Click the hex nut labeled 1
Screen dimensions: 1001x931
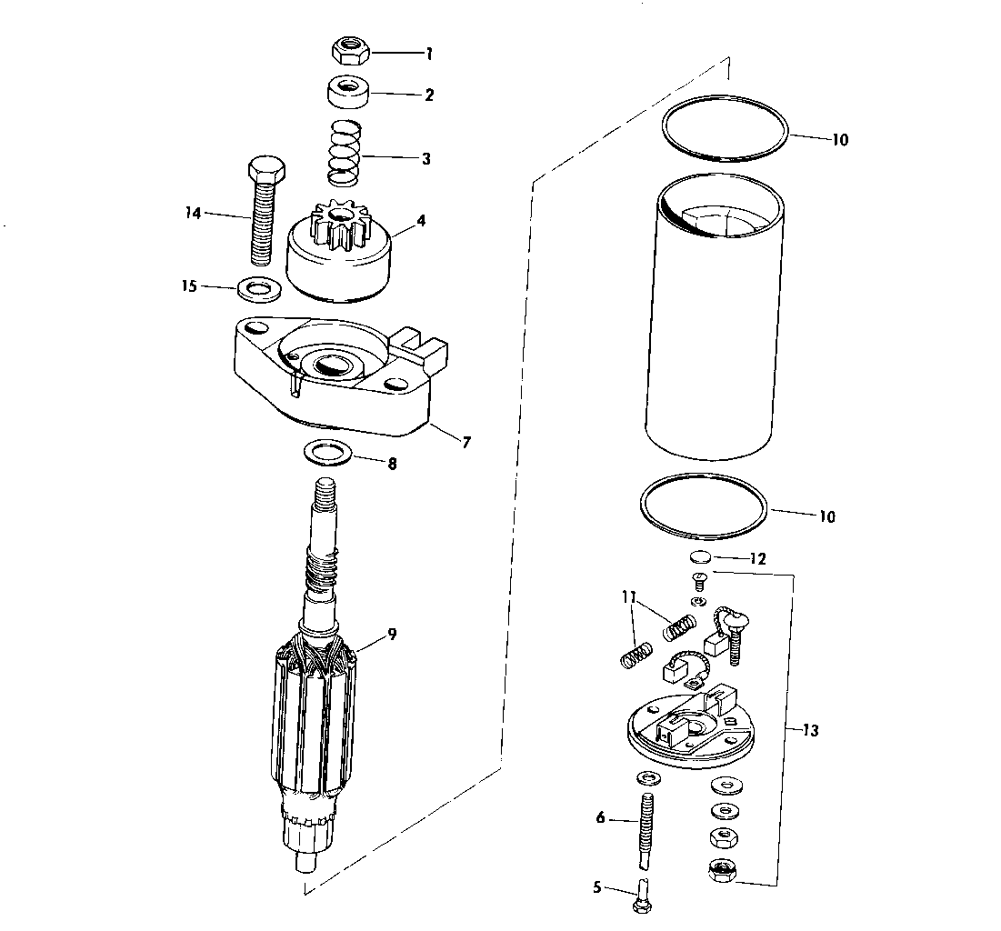click(x=350, y=50)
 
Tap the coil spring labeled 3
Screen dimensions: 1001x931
click(x=345, y=153)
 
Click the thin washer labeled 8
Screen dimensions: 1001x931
click(x=328, y=454)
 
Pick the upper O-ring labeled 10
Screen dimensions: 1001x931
click(x=725, y=127)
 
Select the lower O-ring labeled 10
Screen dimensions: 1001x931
click(x=704, y=506)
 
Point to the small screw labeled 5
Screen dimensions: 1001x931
click(x=643, y=895)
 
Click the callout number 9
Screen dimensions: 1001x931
click(x=391, y=634)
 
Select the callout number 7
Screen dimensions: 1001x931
click(x=466, y=441)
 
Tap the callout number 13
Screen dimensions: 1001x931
click(x=809, y=730)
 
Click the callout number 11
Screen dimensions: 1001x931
click(x=629, y=597)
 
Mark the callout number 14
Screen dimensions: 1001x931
click(x=193, y=213)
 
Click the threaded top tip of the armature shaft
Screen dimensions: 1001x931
click(x=325, y=488)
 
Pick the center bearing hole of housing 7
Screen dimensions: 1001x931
click(x=331, y=365)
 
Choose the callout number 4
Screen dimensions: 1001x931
click(x=421, y=221)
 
